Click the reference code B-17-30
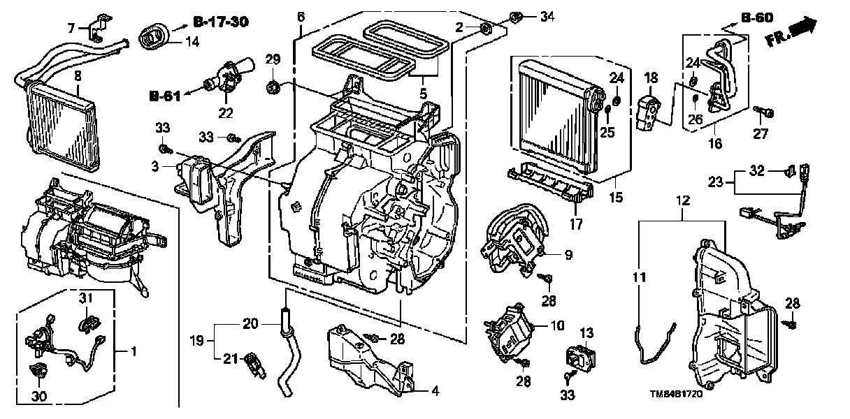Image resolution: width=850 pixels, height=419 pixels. (x=221, y=22)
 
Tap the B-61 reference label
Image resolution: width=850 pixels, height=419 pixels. (x=165, y=96)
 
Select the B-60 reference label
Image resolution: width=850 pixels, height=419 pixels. (x=757, y=17)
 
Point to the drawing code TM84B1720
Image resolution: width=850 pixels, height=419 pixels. (x=676, y=394)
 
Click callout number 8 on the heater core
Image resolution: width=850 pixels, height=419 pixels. (x=78, y=76)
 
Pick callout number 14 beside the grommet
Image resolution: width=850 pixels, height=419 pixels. (x=192, y=42)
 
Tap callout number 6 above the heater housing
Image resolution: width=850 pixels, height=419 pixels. (x=301, y=17)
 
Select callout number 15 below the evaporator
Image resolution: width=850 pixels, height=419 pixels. (x=616, y=197)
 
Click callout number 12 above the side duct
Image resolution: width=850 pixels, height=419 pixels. (x=683, y=200)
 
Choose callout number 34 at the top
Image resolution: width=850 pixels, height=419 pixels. (x=547, y=17)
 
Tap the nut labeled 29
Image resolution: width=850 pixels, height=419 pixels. (x=273, y=87)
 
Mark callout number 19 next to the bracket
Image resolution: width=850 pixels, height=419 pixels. (x=197, y=341)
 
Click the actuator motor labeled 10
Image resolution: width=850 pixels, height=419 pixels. (x=507, y=330)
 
